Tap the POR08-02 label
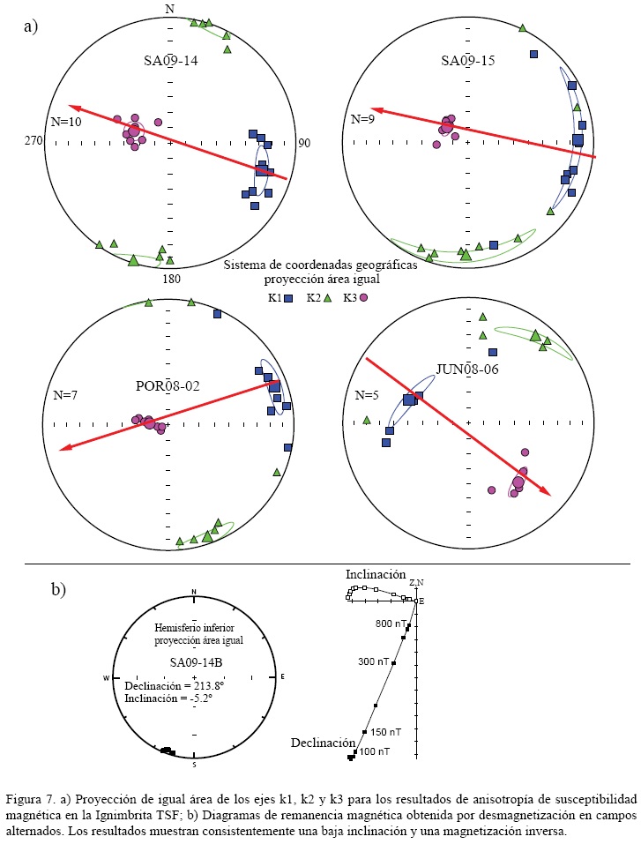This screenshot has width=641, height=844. [167, 385]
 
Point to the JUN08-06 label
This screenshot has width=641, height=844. [466, 369]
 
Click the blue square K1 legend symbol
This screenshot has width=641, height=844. [288, 298]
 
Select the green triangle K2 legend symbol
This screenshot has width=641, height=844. [327, 298]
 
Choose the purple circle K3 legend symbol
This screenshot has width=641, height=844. [362, 298]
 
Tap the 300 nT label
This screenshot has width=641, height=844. [374, 661]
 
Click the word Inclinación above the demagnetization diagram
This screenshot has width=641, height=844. [376, 573]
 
